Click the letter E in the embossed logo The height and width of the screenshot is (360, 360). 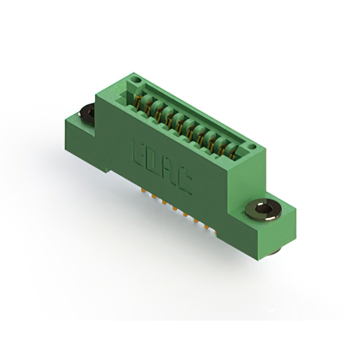click(x=139, y=154)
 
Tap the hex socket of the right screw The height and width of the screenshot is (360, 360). click(x=263, y=209)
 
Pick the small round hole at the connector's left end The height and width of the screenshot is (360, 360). click(x=136, y=80)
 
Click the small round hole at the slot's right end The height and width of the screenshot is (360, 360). click(x=252, y=146)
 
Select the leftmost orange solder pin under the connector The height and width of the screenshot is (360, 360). click(x=144, y=190)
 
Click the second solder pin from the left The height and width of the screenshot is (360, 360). click(x=154, y=196)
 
